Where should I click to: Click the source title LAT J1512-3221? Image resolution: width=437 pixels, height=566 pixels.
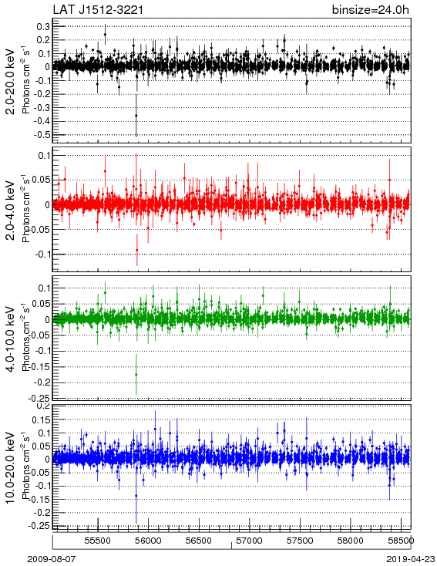pyautogui.click(x=98, y=10)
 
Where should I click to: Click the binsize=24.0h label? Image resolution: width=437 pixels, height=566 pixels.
pyautogui.click(x=371, y=10)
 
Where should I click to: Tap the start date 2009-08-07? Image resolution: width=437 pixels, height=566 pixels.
pyautogui.click(x=52, y=559)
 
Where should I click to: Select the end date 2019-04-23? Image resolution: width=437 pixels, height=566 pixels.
pyautogui.click(x=411, y=559)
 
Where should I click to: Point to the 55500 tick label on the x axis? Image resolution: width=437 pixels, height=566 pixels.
pyautogui.click(x=97, y=541)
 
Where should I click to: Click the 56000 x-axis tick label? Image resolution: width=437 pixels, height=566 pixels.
pyautogui.click(x=148, y=541)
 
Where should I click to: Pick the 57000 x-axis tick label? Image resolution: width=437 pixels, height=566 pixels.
pyautogui.click(x=250, y=541)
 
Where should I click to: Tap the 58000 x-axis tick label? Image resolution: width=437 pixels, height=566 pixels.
pyautogui.click(x=351, y=541)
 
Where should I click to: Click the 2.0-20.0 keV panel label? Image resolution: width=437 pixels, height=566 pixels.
pyautogui.click(x=11, y=81)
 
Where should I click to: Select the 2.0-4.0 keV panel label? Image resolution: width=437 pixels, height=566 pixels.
pyautogui.click(x=11, y=211)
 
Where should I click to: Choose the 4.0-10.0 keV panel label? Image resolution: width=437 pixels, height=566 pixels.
pyautogui.click(x=11, y=339)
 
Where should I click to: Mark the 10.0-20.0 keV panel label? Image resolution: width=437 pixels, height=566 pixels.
pyautogui.click(x=11, y=468)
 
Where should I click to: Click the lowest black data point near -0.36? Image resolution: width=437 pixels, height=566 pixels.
pyautogui.click(x=136, y=116)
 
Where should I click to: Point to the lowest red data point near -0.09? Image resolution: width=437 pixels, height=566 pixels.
pyautogui.click(x=136, y=250)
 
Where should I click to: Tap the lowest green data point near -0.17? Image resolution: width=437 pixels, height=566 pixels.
pyautogui.click(x=136, y=375)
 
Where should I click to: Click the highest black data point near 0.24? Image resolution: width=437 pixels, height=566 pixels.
pyautogui.click(x=105, y=35)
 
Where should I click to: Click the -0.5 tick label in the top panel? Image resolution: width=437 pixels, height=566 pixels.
pyautogui.click(x=42, y=135)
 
